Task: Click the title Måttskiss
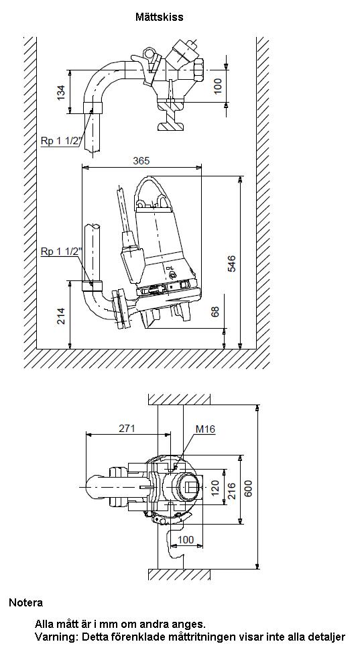[160, 17]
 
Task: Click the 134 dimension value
[61, 93]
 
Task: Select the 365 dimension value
[141, 160]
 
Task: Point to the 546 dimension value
[232, 264]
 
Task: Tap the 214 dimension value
[61, 316]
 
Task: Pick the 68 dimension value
[215, 312]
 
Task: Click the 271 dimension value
[127, 429]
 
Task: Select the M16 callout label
[205, 429]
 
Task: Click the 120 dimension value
[215, 488]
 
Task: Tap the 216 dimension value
[232, 490]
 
